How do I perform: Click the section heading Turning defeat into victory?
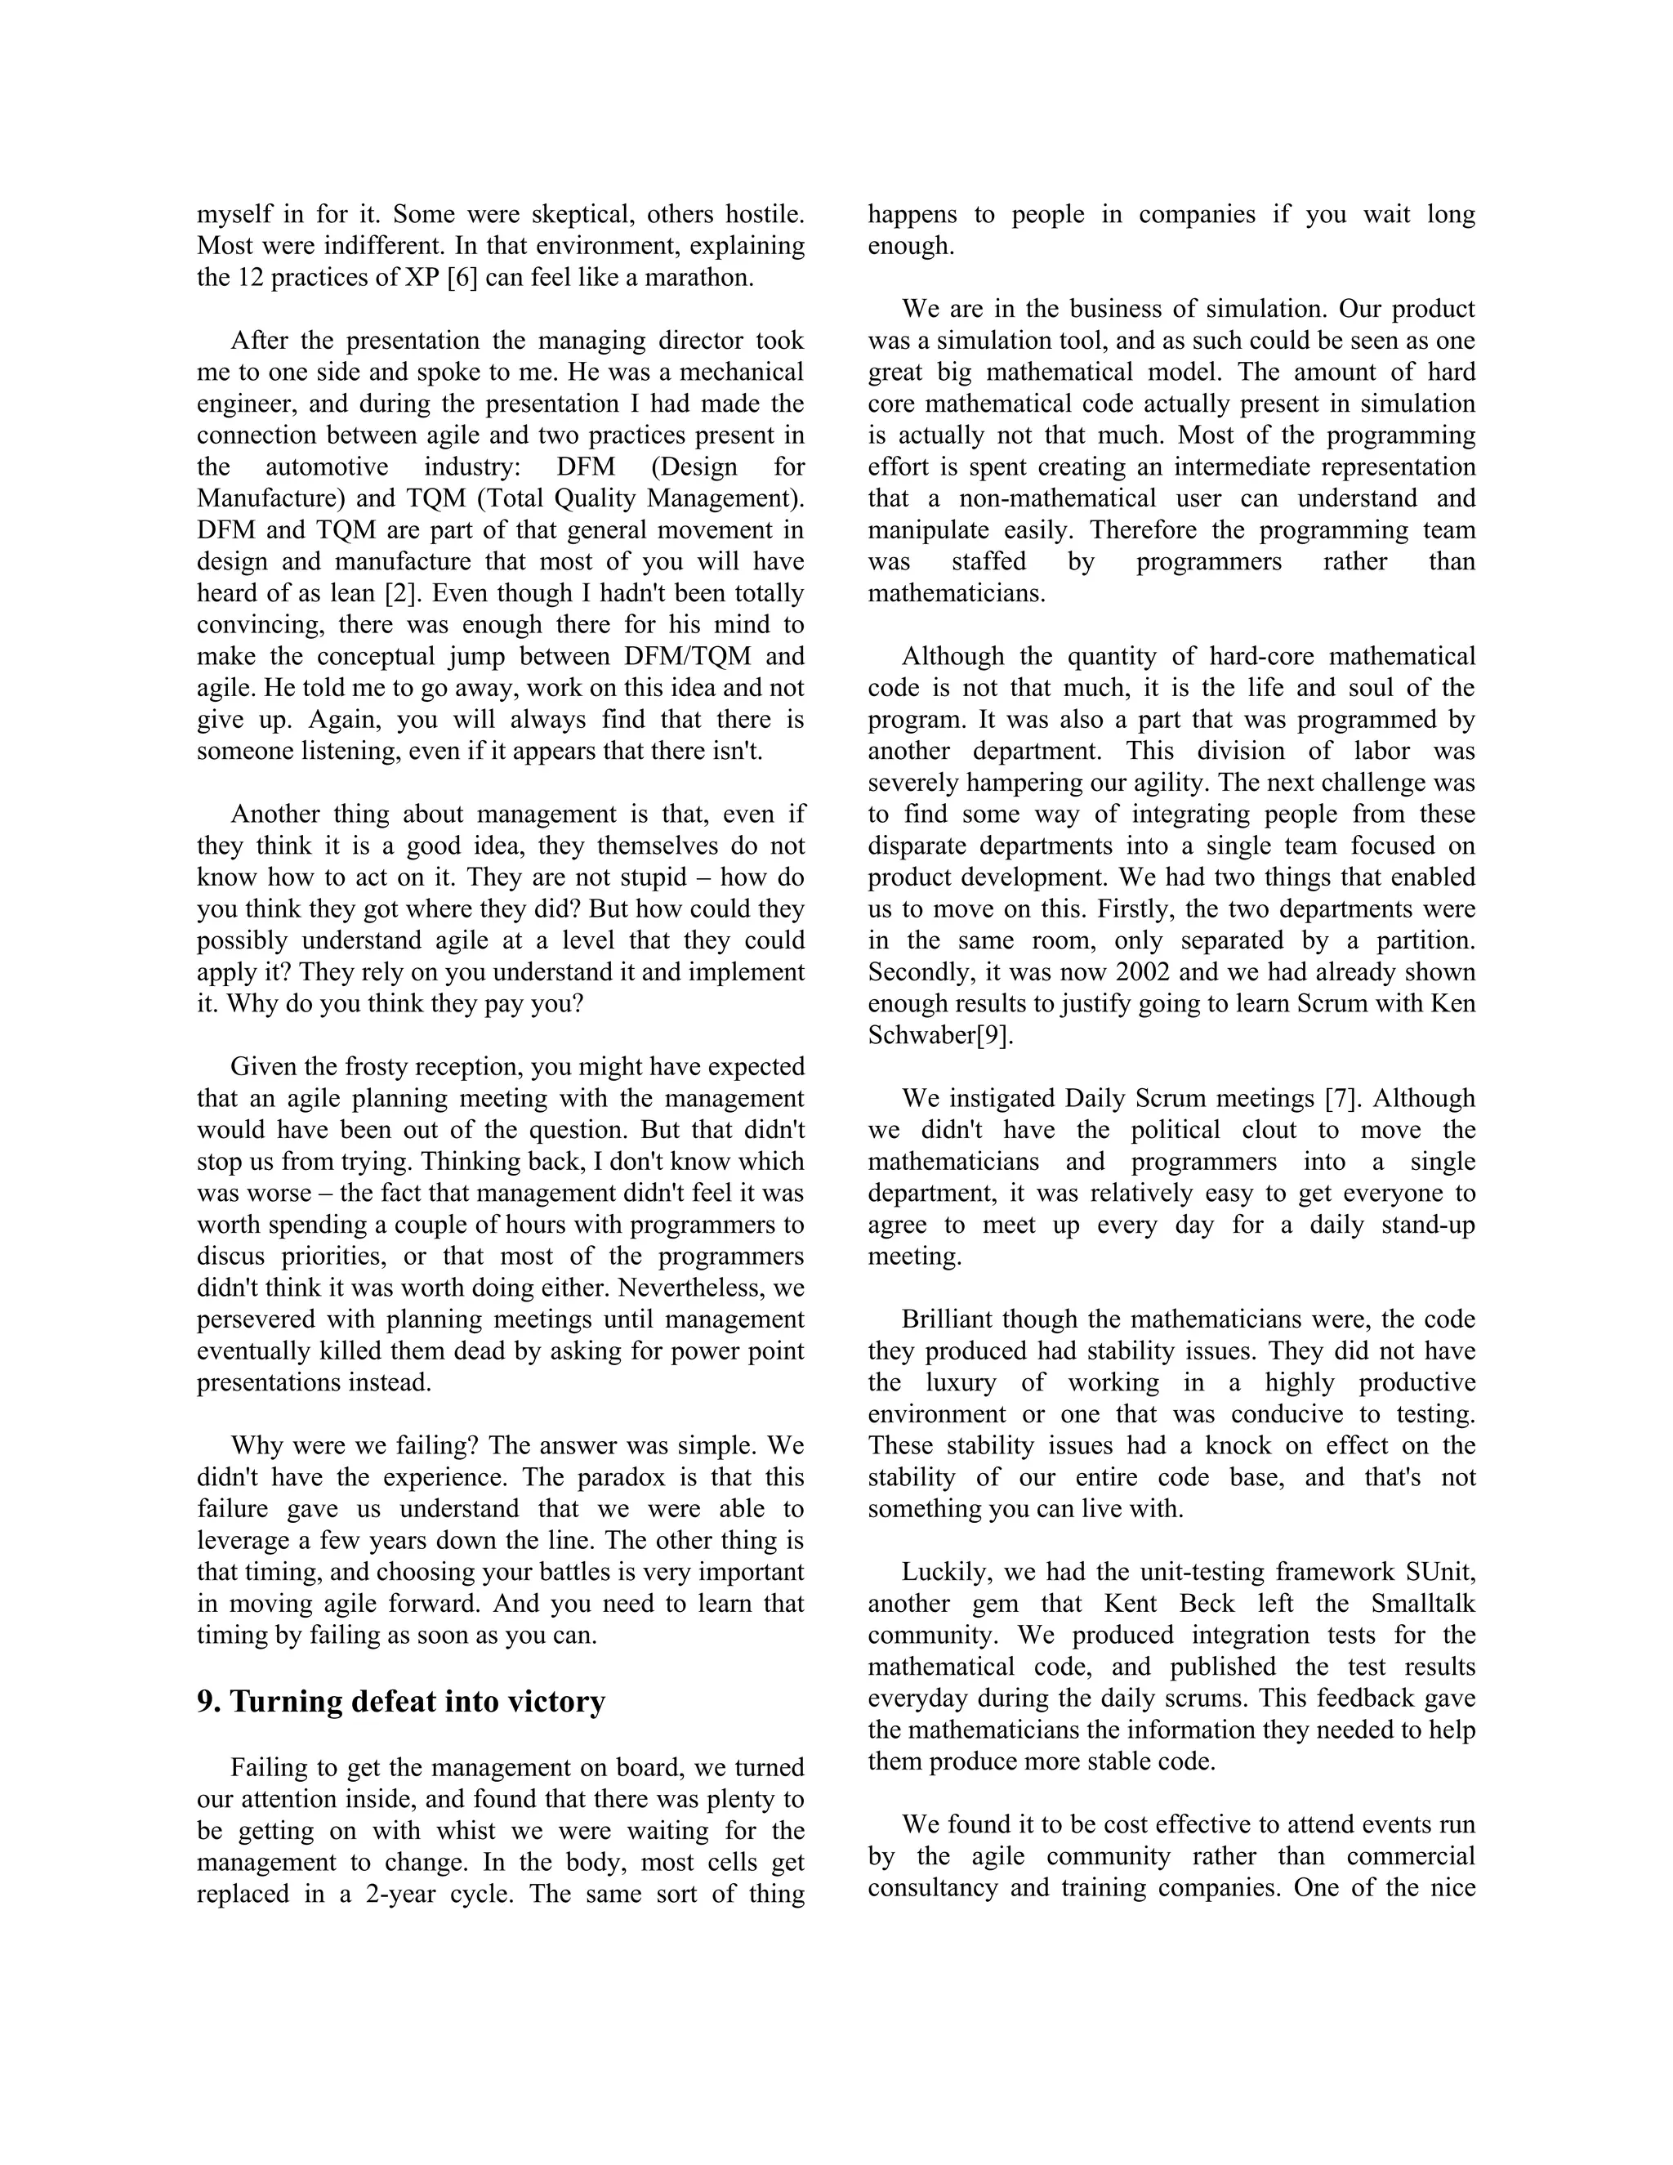click(x=400, y=1701)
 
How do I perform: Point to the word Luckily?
click(x=944, y=1572)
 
